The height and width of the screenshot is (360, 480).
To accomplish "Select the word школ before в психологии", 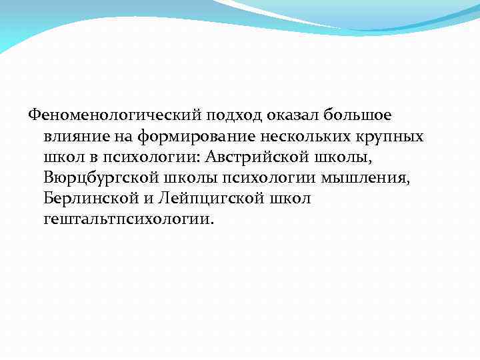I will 63,157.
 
